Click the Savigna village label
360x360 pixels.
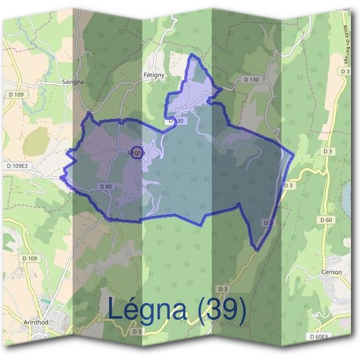coord(73,81)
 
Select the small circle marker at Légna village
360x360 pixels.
coord(137,152)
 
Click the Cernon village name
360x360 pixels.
coord(331,272)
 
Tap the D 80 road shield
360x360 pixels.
coord(105,187)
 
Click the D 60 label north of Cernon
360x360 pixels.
coord(326,220)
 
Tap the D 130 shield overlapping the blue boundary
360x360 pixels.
coord(175,121)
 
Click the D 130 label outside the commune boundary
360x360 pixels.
coord(251,79)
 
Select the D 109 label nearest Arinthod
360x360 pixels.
coord(29,259)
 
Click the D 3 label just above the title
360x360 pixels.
coord(223,289)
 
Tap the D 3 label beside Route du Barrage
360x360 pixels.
coord(344,71)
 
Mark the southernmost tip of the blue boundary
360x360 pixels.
coord(256,250)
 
